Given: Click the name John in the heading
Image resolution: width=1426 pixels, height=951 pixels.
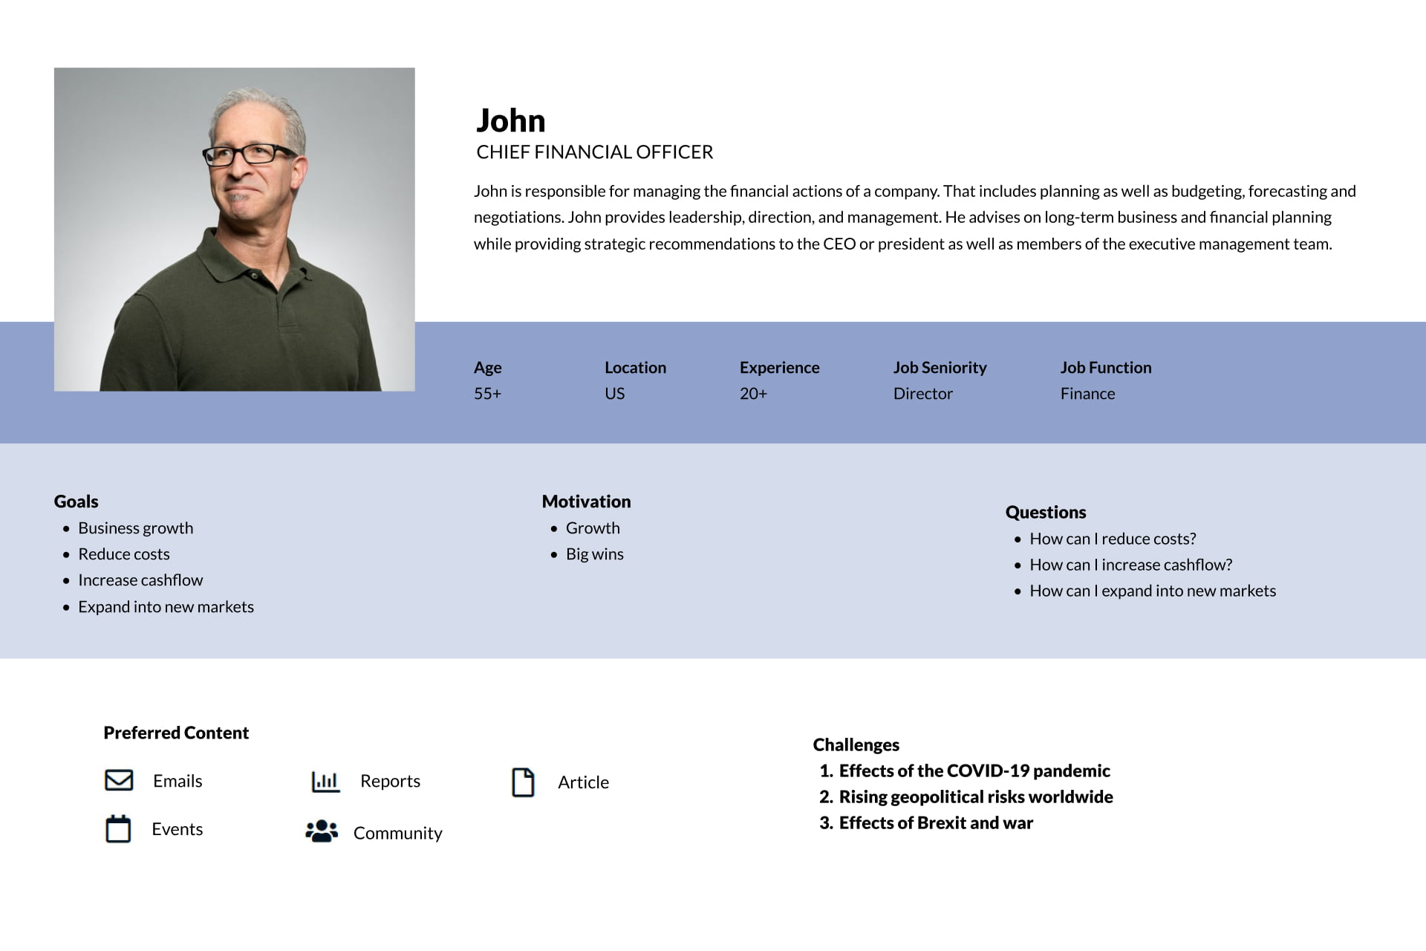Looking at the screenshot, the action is [x=510, y=120].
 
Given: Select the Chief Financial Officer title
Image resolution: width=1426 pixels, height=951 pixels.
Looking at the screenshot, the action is [x=594, y=152].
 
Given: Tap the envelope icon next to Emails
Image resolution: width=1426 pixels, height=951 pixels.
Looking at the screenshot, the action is [x=119, y=780].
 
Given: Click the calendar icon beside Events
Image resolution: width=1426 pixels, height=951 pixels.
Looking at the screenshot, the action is [x=118, y=829].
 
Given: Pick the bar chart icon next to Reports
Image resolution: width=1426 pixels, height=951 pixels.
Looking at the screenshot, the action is [x=325, y=781].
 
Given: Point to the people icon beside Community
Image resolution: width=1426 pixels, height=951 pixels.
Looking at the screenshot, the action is [x=322, y=831].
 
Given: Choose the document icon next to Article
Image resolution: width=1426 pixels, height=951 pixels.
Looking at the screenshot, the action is [x=523, y=782].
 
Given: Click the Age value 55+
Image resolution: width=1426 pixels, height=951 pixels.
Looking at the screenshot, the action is [x=487, y=394].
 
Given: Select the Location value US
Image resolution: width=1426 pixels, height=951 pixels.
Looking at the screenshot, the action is [x=614, y=394].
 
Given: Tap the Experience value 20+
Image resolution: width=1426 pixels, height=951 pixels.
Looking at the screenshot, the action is [x=753, y=394].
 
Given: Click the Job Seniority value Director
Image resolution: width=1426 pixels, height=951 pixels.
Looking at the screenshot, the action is [x=922, y=394].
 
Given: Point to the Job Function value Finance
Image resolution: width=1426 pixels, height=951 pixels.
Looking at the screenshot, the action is [x=1087, y=394].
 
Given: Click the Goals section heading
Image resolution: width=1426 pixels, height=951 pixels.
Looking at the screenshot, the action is [x=76, y=502].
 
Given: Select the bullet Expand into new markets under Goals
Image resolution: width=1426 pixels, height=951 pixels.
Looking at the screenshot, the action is [x=166, y=607].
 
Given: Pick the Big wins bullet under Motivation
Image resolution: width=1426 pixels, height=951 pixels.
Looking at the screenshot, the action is [x=594, y=554].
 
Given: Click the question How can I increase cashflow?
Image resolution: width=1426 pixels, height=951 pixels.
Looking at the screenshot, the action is [x=1130, y=565].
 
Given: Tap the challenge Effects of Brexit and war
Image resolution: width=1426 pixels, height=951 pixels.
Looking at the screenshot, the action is [x=936, y=822].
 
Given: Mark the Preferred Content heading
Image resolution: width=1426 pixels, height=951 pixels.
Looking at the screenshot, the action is [x=176, y=733].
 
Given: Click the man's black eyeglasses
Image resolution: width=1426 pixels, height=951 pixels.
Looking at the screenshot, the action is [x=250, y=155].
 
